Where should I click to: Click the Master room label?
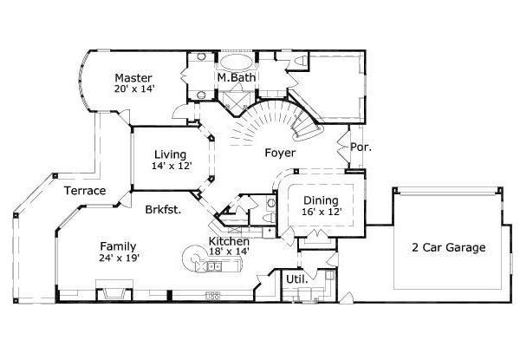pos(133,75)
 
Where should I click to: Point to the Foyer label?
pos(280,153)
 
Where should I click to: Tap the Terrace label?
pos(84,191)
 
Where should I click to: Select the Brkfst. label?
pos(164,209)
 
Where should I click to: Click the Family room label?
pos(118,245)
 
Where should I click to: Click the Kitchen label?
pos(230,240)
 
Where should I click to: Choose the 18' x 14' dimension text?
pos(230,251)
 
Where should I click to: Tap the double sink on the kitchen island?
pos(213,267)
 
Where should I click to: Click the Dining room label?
pos(321,199)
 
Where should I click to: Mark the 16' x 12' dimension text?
pos(321,211)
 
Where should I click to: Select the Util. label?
pos(295,279)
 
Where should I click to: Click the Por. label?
pos(361,147)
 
